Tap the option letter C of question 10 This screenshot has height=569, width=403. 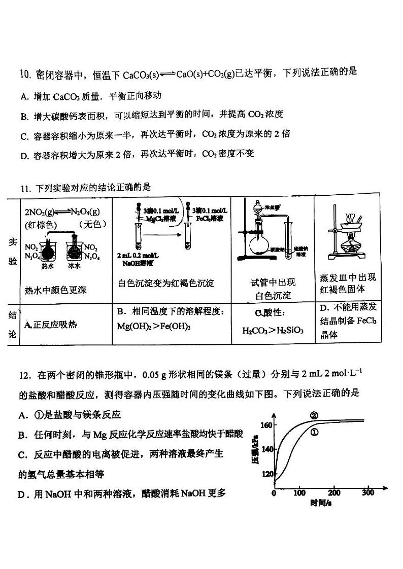coord(24,135)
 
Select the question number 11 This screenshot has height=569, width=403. coord(26,189)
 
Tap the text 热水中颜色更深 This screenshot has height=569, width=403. coord(56,290)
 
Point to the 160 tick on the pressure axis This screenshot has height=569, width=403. coord(267,425)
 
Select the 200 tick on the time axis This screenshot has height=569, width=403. coord(334,492)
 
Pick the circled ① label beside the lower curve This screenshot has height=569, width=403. coord(314,432)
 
